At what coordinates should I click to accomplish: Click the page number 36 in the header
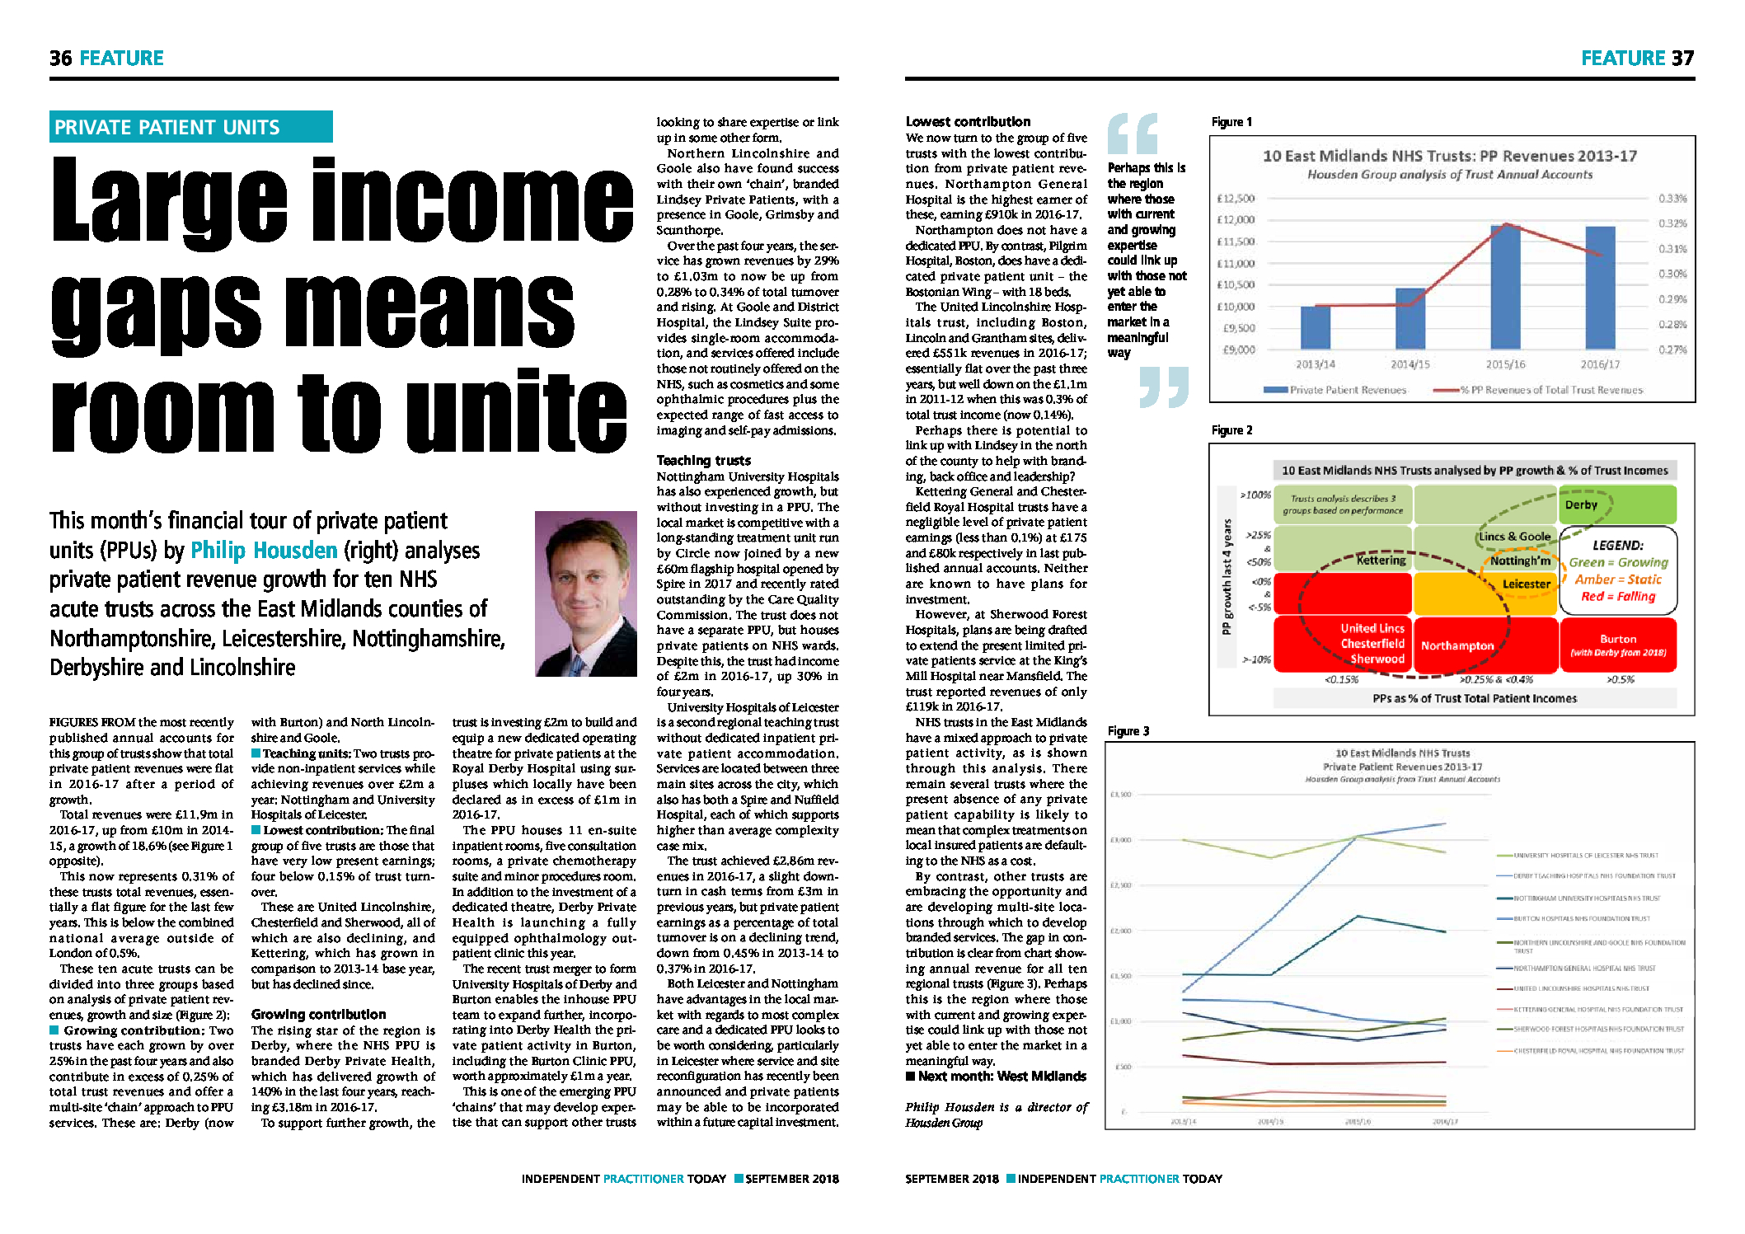point(60,59)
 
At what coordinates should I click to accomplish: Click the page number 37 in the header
point(1682,59)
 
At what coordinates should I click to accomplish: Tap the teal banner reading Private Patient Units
point(190,127)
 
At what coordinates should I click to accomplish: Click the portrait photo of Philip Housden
point(585,594)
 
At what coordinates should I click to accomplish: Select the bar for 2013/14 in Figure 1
point(1315,327)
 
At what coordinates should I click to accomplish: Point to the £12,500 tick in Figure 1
point(1235,199)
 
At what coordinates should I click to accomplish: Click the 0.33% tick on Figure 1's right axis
point(1672,199)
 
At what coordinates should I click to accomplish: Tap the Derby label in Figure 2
point(1580,504)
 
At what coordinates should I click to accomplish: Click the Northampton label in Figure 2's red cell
point(1457,645)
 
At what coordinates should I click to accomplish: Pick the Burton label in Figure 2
point(1617,639)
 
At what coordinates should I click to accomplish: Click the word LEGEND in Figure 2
point(1617,545)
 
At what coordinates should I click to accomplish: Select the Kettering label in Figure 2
point(1381,561)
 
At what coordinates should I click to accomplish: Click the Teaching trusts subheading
point(703,460)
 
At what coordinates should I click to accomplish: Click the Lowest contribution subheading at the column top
point(968,121)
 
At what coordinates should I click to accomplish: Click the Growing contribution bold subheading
point(318,1014)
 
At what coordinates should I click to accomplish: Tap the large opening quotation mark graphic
point(1133,134)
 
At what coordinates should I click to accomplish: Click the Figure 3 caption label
point(1128,731)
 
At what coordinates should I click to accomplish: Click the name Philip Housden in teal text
point(264,550)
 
